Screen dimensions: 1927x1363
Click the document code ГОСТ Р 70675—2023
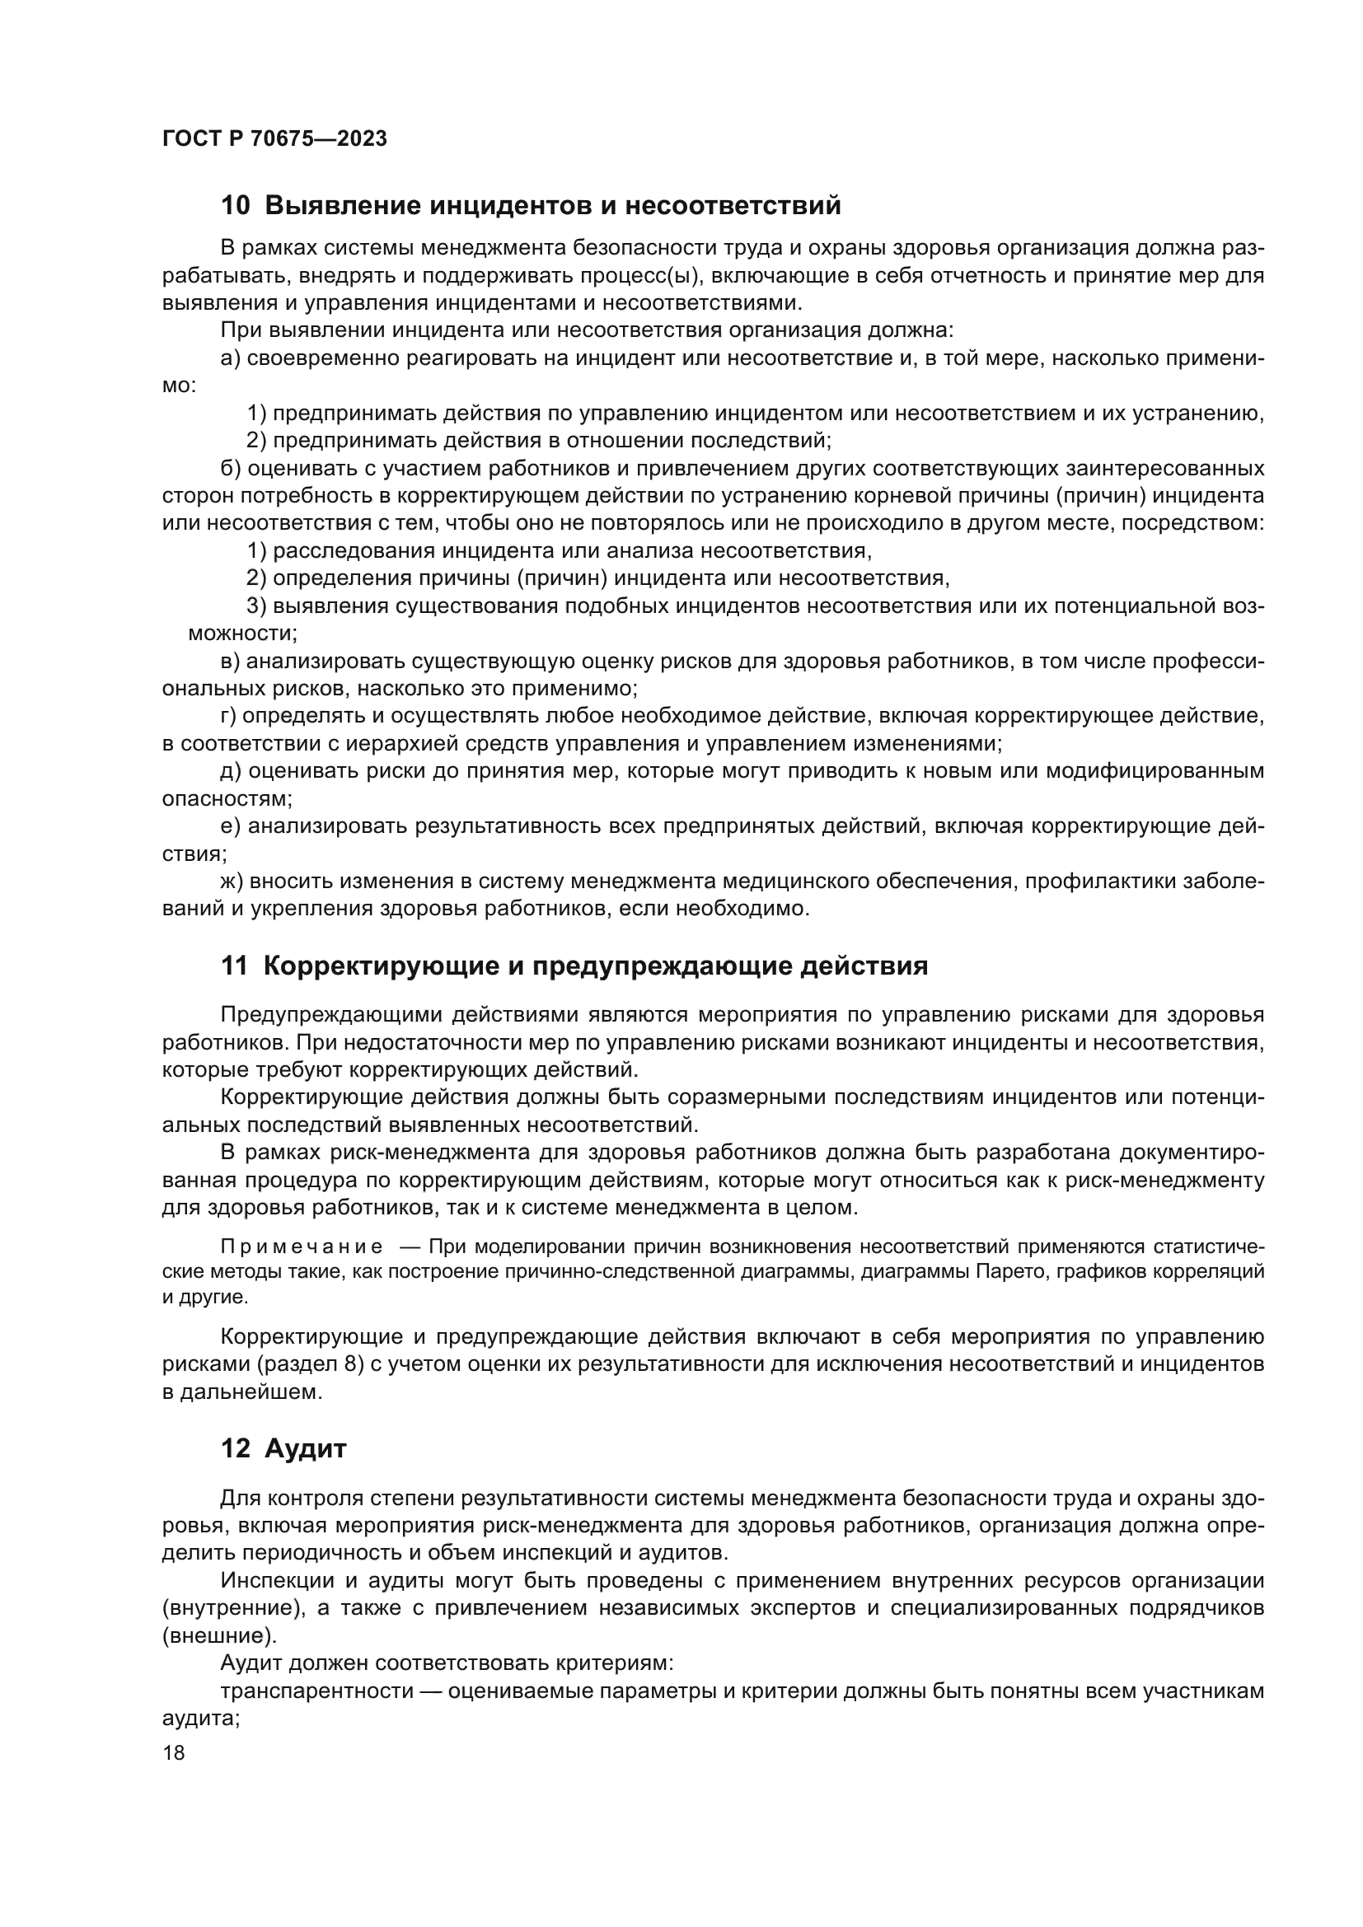[x=274, y=139]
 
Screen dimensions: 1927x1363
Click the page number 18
[x=174, y=1752]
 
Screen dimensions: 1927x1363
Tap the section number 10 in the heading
[x=235, y=206]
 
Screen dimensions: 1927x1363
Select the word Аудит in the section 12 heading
[x=306, y=1449]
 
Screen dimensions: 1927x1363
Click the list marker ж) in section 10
[x=231, y=882]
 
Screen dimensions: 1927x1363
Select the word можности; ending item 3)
[x=241, y=634]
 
